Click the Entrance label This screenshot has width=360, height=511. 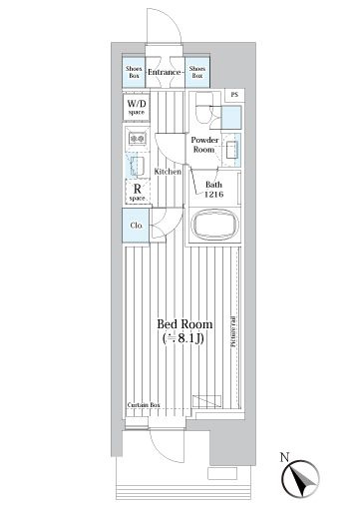(164, 73)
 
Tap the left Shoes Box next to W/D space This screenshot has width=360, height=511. (133, 73)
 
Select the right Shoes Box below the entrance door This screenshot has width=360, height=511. (196, 73)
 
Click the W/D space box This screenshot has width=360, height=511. (136, 108)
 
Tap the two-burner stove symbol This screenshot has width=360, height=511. (137, 139)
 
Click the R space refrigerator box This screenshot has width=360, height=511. (136, 191)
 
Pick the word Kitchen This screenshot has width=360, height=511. (167, 172)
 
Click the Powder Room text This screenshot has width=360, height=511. (205, 146)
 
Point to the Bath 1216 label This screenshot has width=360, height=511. (213, 190)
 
